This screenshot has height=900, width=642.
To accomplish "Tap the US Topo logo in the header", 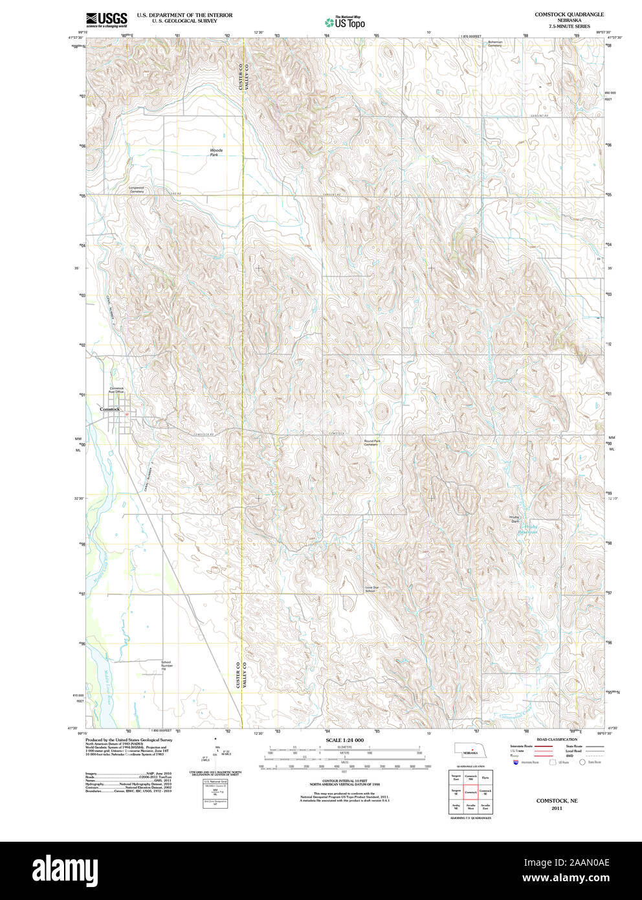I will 345,23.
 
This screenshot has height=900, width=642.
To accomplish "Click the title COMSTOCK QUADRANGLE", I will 569,14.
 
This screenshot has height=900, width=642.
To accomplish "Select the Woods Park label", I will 216,152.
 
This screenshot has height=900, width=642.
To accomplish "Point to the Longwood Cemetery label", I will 137,190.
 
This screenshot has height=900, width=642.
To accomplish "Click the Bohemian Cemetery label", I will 494,43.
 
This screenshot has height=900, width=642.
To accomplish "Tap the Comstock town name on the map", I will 110,409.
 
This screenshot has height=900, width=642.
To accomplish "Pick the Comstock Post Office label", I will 116,390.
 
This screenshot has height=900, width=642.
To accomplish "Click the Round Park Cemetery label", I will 371,443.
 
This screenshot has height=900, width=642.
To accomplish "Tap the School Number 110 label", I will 166,665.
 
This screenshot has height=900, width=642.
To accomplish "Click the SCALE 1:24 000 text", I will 344,740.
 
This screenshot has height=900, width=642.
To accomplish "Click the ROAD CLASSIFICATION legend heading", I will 557,739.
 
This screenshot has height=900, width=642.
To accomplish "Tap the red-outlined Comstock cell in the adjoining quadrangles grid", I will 470,793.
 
